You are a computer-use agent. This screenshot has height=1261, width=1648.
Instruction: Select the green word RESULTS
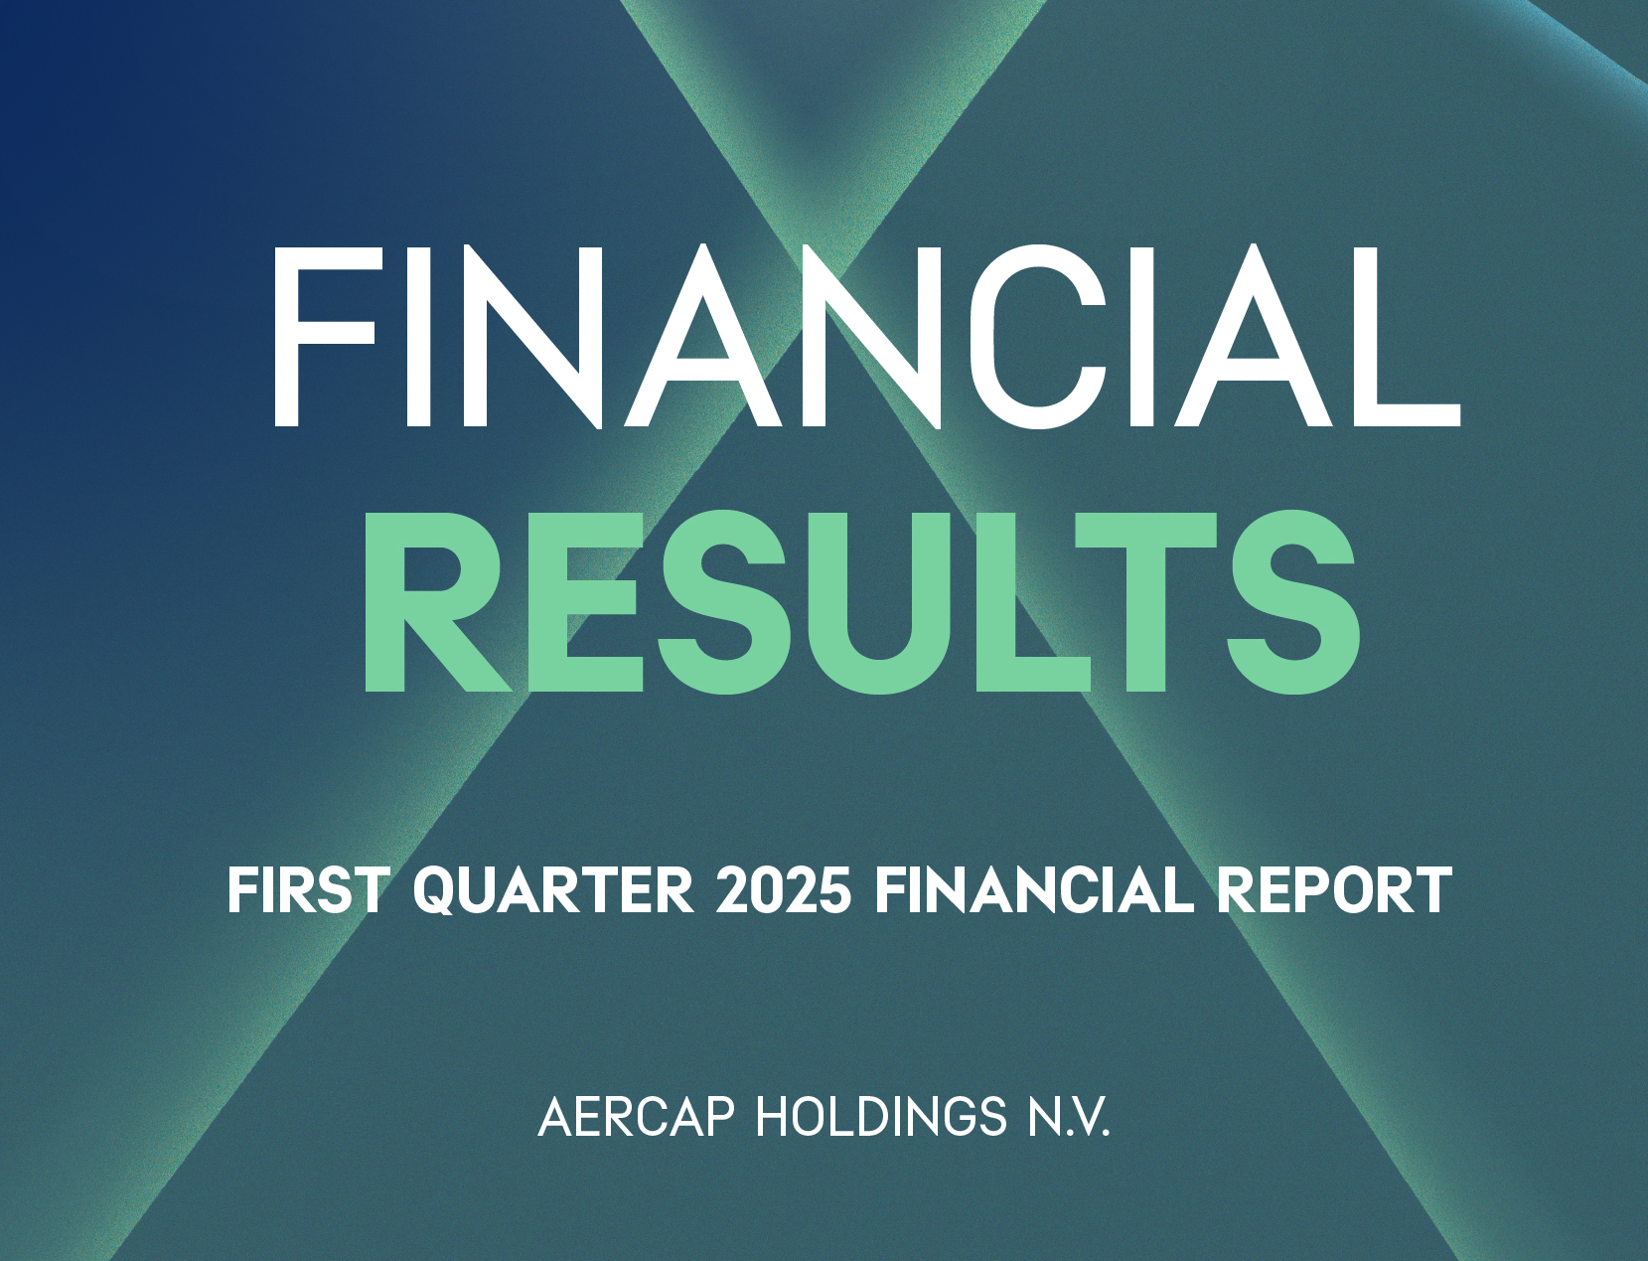click(x=861, y=601)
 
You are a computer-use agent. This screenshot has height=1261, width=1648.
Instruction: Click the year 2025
click(x=783, y=890)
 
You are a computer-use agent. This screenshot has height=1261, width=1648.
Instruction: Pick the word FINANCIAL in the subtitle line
click(x=1034, y=890)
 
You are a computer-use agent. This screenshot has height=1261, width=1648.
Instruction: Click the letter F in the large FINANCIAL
click(x=325, y=335)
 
